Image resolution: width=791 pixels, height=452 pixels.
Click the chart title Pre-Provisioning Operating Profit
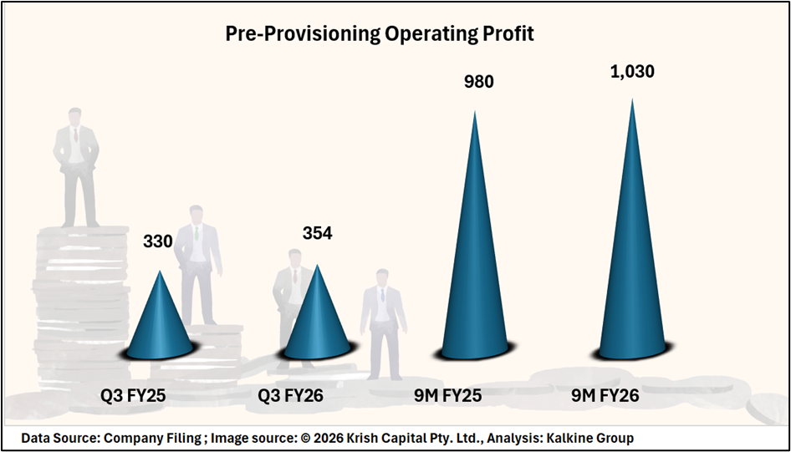[x=379, y=33]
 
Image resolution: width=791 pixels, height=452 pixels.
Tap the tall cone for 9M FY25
[x=475, y=259]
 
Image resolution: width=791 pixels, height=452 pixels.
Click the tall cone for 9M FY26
[x=632, y=251]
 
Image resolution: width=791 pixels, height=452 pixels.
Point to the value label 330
[x=158, y=241]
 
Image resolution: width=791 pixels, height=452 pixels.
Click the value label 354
[x=317, y=233]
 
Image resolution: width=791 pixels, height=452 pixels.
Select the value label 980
[x=479, y=82]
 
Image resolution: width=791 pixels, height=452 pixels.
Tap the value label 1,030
[x=633, y=72]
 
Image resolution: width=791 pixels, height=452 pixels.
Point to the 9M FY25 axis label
[x=448, y=396]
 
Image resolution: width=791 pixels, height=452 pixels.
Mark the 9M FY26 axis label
[x=605, y=396]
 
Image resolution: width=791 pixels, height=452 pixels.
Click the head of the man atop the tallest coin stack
[x=76, y=118]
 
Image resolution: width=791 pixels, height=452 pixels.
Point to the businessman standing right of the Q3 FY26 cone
[x=383, y=322]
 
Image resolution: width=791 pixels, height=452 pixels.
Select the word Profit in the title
[x=509, y=33]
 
